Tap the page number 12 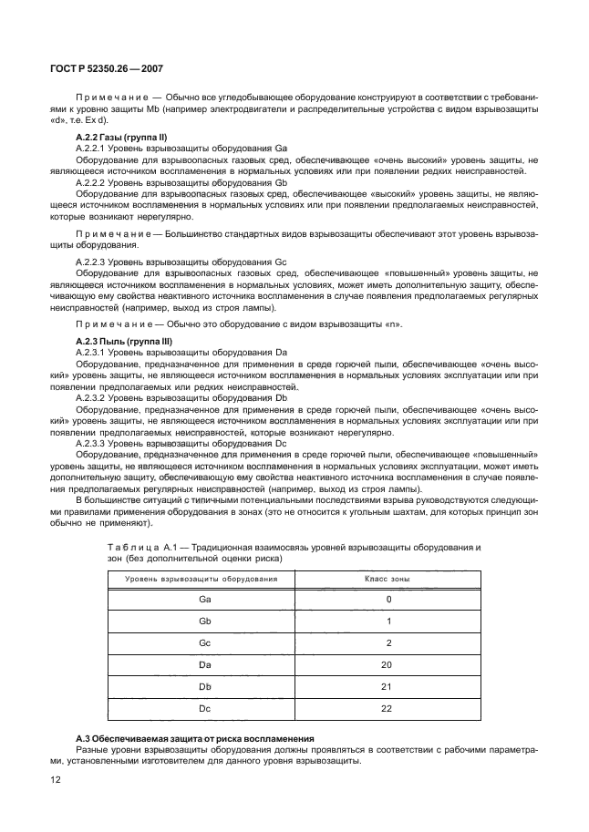pyautogui.click(x=54, y=779)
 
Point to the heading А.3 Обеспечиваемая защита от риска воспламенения pyautogui.click(x=194, y=737)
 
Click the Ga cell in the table pyautogui.click(x=204, y=599)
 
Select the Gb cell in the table pyautogui.click(x=204, y=621)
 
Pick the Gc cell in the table pyautogui.click(x=204, y=642)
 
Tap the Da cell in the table pyautogui.click(x=204, y=665)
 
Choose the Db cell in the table pyautogui.click(x=204, y=687)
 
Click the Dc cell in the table pyautogui.click(x=204, y=709)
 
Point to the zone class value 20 pyautogui.click(x=387, y=665)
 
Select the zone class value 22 pyautogui.click(x=387, y=709)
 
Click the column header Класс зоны pyautogui.click(x=387, y=579)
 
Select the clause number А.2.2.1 pyautogui.click(x=93, y=147)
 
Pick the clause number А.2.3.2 pyautogui.click(x=93, y=398)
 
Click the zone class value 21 pyautogui.click(x=387, y=687)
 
